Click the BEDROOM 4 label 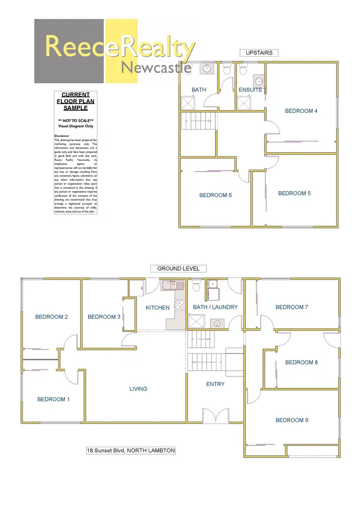[301, 111]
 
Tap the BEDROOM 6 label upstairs [216, 195]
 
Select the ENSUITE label [251, 90]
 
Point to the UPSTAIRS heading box [259, 53]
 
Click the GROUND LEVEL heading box [179, 268]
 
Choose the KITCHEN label [158, 307]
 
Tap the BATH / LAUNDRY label [215, 307]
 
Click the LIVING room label [138, 388]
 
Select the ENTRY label [215, 384]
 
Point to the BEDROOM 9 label [292, 420]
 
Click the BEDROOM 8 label [301, 363]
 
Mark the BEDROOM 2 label [51, 316]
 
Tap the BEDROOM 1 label [53, 399]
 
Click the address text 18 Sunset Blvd [131, 450]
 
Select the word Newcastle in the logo [156, 68]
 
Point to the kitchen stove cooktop [180, 304]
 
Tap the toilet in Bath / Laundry [196, 287]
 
